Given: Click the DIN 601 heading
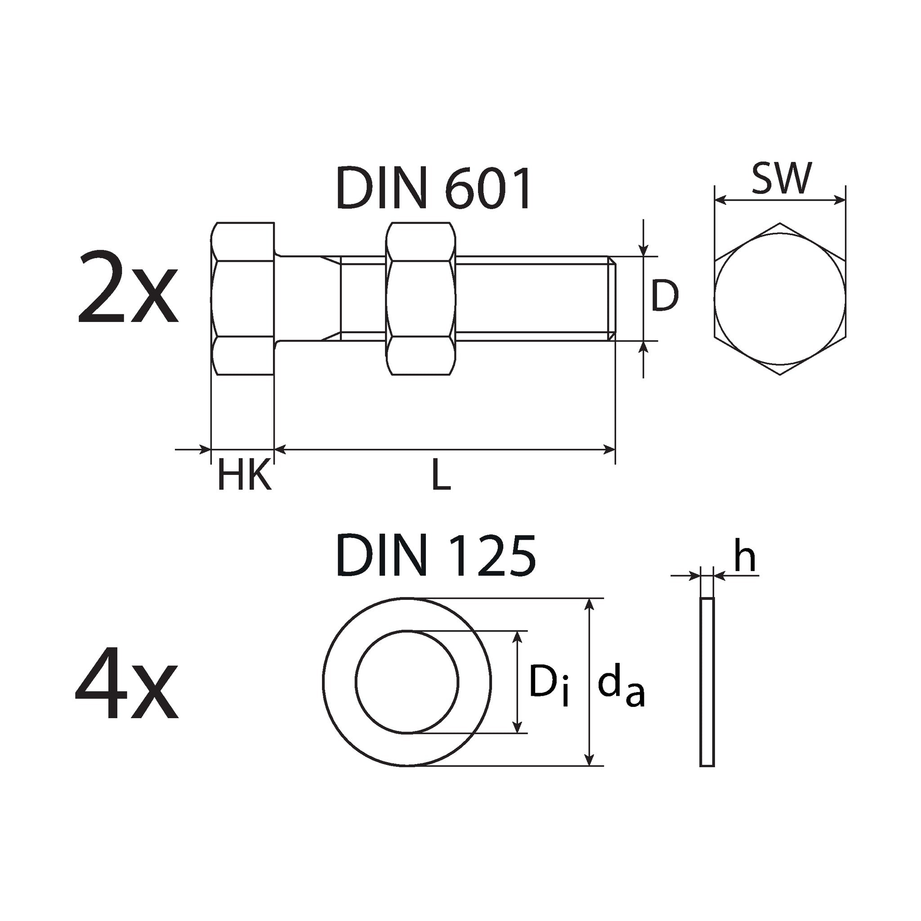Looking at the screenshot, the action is (434, 188).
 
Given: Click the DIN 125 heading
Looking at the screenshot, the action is (436, 555).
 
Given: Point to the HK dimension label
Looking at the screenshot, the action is (245, 475).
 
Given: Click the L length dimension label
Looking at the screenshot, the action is (441, 475).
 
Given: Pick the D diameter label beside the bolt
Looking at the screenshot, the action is (665, 296).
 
